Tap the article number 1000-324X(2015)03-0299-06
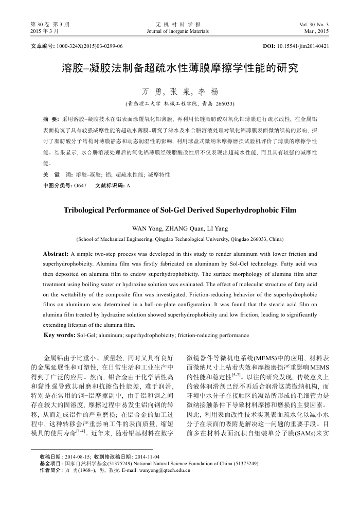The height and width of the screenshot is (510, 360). point(90,46)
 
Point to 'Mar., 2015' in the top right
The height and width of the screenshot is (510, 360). point(316,31)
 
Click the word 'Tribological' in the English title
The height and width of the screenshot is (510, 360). point(85,210)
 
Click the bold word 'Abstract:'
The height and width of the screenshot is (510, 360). point(56,254)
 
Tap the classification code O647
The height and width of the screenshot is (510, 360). point(80,185)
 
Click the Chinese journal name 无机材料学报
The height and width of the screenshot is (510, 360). point(178,25)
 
